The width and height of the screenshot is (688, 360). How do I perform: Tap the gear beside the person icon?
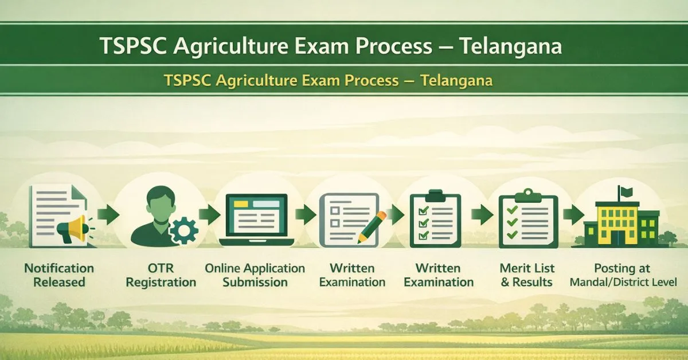tap(183, 230)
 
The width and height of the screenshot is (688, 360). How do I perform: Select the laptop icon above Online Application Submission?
tap(256, 220)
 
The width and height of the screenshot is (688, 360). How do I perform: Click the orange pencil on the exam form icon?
tap(372, 228)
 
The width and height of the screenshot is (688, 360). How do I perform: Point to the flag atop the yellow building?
tap(626, 192)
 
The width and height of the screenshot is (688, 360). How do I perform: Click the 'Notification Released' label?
tap(59, 275)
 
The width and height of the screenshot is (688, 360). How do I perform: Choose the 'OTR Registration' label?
tap(161, 275)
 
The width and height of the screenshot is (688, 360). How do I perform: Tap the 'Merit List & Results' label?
tap(527, 275)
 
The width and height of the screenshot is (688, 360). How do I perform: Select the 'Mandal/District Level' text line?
tap(623, 282)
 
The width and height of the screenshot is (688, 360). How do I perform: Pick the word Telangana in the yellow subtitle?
tap(456, 80)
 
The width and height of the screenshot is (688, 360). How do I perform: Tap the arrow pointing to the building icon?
tap(574, 214)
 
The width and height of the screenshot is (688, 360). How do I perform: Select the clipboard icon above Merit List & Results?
tap(528, 219)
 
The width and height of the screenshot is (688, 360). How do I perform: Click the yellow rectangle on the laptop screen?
tap(241, 204)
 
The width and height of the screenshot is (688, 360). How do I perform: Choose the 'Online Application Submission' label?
tap(255, 275)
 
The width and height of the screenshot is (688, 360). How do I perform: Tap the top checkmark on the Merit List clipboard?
tap(513, 210)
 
